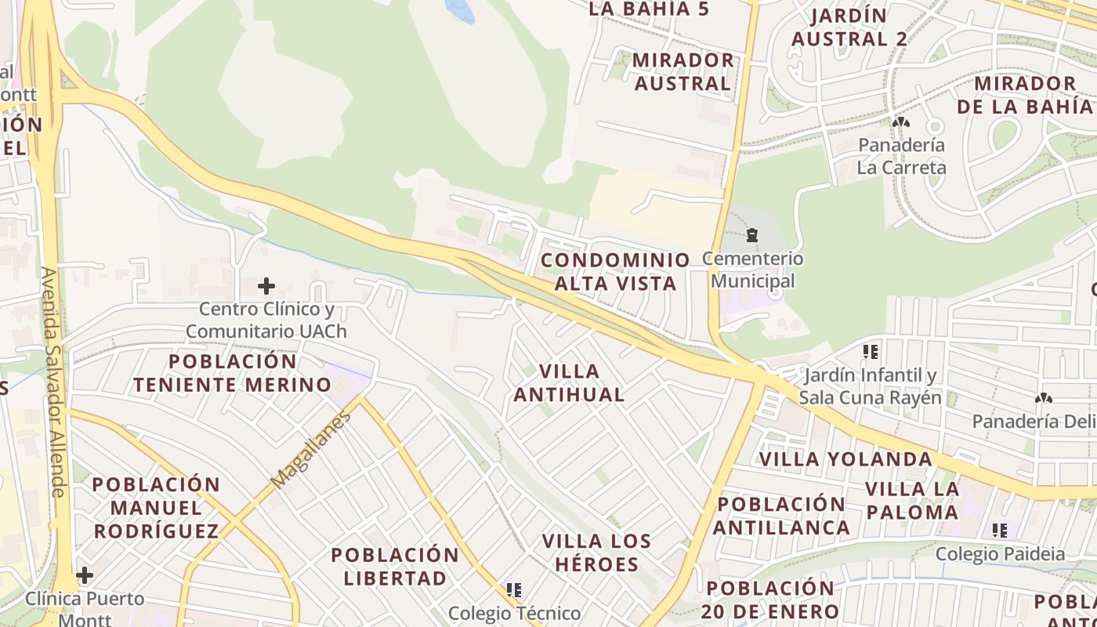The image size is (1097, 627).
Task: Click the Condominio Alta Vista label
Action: click(615, 271)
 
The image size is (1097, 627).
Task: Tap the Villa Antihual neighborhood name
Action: click(569, 382)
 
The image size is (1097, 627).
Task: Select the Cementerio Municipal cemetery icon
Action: click(752, 235)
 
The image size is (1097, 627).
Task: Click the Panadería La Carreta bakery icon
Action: click(900, 122)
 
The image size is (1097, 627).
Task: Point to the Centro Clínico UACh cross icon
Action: click(266, 286)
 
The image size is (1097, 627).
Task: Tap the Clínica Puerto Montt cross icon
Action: click(85, 576)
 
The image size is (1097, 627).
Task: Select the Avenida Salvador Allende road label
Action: click(52, 382)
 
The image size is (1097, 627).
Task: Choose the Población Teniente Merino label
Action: click(233, 373)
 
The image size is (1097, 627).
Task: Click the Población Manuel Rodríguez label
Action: click(156, 507)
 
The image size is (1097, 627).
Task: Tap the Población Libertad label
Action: click(395, 567)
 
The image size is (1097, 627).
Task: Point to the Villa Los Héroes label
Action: click(596, 553)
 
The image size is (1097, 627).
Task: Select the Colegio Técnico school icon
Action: click(514, 589)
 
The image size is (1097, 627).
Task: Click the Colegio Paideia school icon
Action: click(1000, 531)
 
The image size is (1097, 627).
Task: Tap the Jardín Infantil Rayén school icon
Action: click(870, 352)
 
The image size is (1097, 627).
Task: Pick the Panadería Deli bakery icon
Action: click(1043, 399)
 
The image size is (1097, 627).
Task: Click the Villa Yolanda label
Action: click(846, 458)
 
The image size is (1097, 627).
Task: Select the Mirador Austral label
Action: click(682, 71)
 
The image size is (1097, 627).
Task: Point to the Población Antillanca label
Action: click(781, 516)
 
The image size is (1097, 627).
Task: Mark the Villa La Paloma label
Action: click(912, 501)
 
